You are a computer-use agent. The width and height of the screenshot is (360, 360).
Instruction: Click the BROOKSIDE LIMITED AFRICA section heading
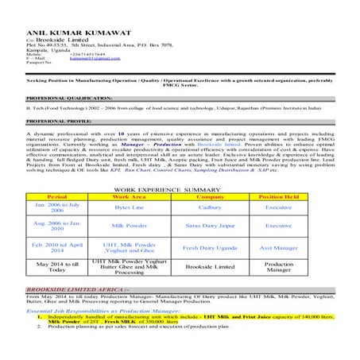pos(76,289)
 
